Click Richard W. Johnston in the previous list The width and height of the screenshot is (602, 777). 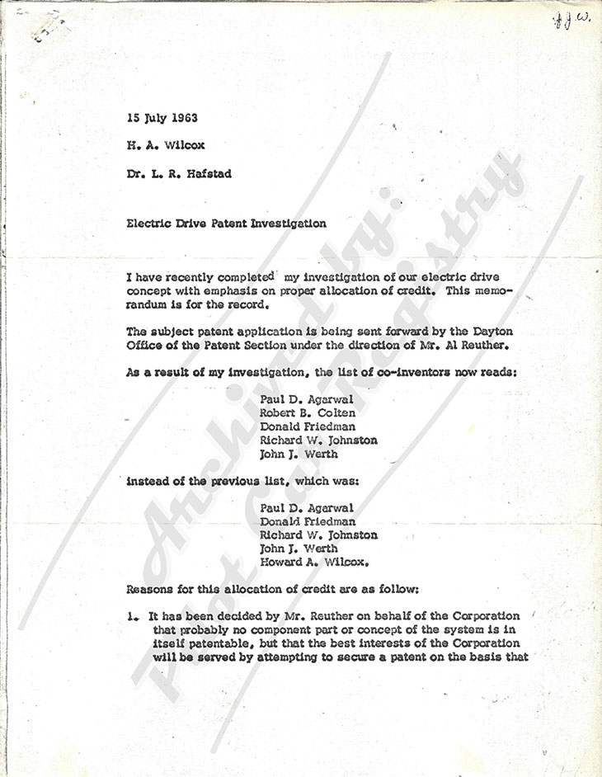318,534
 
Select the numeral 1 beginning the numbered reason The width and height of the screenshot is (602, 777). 131,616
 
